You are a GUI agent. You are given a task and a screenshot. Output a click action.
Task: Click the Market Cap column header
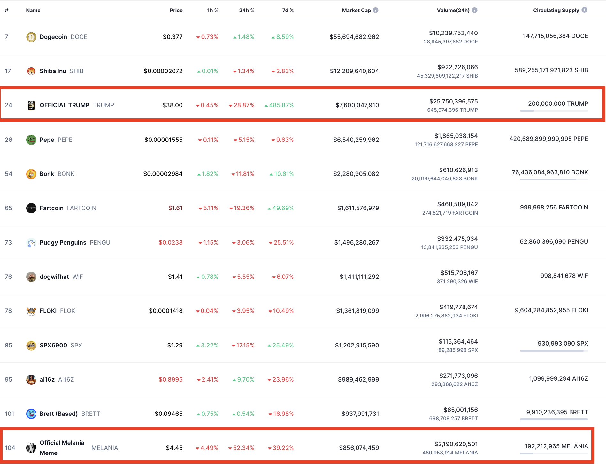[x=356, y=10]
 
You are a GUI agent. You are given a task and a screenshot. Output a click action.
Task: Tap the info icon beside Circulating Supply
[x=585, y=10]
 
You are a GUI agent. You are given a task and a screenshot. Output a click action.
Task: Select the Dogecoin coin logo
[x=31, y=37]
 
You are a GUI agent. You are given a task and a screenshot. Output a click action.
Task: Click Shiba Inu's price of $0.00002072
[x=163, y=71]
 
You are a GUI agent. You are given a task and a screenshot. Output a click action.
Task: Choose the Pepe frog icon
[x=31, y=140]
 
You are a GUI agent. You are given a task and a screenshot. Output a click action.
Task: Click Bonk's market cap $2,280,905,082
[x=356, y=174]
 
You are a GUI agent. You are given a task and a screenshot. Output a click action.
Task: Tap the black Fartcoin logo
[x=31, y=208]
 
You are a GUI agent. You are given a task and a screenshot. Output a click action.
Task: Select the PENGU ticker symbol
[x=100, y=242]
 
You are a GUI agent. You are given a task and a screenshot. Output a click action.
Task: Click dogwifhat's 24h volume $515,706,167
[x=459, y=273]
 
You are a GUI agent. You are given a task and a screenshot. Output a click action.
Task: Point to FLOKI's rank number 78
[x=8, y=311]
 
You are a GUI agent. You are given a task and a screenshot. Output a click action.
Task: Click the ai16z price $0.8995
[x=171, y=379]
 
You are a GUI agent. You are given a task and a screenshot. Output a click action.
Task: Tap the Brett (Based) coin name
[x=59, y=414]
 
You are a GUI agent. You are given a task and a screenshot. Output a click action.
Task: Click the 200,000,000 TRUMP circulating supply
[x=558, y=103]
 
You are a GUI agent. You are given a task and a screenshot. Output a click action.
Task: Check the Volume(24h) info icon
[x=475, y=10]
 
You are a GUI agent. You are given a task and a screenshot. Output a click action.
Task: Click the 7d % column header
[x=288, y=10]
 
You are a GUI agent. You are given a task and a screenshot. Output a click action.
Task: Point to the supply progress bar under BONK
[x=554, y=179]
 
